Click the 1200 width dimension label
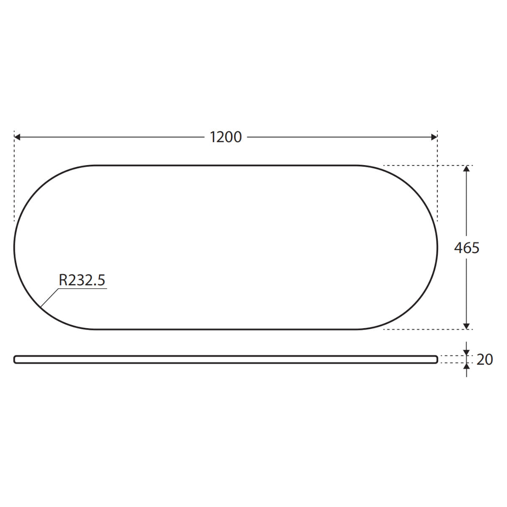pyautogui.click(x=226, y=137)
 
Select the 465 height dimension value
pyautogui.click(x=467, y=248)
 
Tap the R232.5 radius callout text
pyautogui.click(x=82, y=280)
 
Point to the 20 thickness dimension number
pyautogui.click(x=485, y=360)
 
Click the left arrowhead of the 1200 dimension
pyautogui.click(x=17, y=137)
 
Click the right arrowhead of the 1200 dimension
pyautogui.click(x=434, y=137)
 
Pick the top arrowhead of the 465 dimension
pyautogui.click(x=466, y=169)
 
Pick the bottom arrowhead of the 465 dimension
pyautogui.click(x=466, y=326)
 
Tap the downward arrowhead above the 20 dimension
pyautogui.click(x=466, y=352)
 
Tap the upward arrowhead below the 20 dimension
pyautogui.click(x=466, y=366)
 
